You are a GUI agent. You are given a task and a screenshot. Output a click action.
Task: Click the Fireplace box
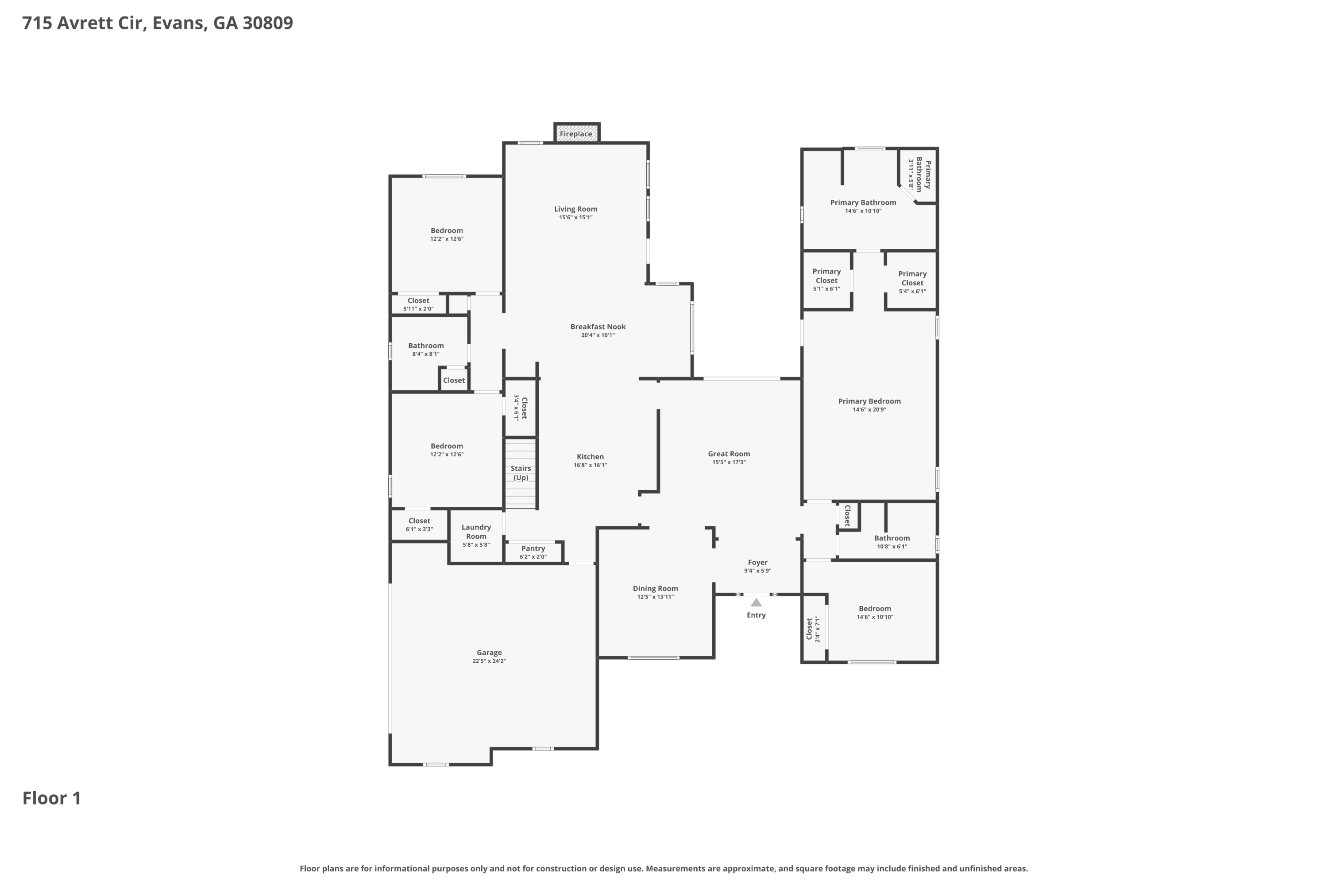576,134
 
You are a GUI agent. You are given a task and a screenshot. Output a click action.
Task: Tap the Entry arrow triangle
756,603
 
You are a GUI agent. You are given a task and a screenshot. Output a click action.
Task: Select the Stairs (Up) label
521,473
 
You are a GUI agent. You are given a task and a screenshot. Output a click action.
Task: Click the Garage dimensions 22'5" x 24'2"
489,661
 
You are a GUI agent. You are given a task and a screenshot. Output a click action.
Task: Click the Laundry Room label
476,532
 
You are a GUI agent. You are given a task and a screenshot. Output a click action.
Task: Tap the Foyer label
758,563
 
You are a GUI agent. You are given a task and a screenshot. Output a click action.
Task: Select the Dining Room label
655,589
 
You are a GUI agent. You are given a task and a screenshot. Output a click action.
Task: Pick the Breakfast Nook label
598,326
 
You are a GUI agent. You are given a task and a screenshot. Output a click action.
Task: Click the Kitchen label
590,457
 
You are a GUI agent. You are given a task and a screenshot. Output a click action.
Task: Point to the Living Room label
575,209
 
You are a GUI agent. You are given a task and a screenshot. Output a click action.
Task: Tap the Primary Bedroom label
869,401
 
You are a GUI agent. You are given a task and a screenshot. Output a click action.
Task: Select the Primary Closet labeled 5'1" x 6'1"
826,280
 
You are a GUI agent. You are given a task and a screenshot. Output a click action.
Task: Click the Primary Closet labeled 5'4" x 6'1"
912,282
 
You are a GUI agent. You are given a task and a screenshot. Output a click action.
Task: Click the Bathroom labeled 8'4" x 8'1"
426,349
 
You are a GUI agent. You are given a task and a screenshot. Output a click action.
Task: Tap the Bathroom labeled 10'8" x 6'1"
892,542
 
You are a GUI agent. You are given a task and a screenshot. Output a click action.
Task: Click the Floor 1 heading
51,798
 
